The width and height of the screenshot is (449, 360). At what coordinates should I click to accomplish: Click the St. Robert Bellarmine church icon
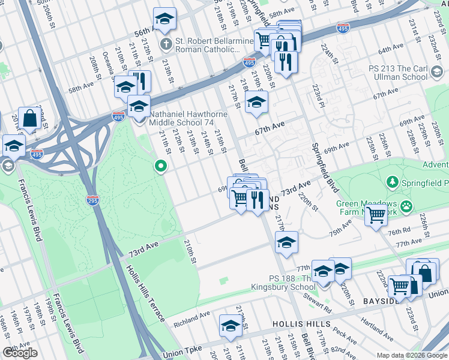point(166,44)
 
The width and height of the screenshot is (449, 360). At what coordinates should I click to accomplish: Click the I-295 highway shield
point(92,199)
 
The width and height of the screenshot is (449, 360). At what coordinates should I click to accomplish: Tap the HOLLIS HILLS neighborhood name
point(301,324)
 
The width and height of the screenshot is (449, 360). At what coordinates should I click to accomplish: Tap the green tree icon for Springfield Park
point(393,181)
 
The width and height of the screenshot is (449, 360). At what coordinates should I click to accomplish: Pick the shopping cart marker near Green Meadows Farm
point(376,213)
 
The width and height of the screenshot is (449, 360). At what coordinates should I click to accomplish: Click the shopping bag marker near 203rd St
point(29,119)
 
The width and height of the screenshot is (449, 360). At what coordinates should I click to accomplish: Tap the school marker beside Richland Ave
point(231,326)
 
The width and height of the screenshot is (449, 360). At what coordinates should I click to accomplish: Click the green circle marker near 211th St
point(160,166)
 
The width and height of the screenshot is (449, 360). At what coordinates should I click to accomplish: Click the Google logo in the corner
point(20,353)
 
